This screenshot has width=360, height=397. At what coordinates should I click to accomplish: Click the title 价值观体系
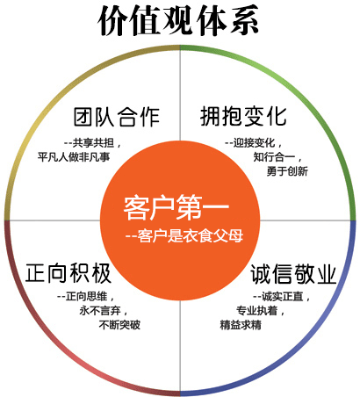[x=178, y=21]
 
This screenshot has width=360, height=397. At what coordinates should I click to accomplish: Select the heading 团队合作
[x=117, y=117]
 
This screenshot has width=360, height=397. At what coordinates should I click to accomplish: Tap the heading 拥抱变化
[x=243, y=116]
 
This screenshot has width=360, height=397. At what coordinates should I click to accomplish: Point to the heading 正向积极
[x=68, y=273]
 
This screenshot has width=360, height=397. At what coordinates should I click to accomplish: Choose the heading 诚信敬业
[x=293, y=274]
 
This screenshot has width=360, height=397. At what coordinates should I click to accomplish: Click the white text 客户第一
[x=176, y=207]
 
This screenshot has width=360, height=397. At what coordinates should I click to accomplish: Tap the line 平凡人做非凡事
[x=74, y=157]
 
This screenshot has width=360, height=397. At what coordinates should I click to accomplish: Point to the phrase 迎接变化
[x=254, y=143]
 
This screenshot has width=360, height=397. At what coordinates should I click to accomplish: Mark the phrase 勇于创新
[x=287, y=171]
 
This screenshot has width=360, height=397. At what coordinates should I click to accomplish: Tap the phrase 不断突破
[x=119, y=325]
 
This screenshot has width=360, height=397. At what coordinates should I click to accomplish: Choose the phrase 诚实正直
[x=282, y=297]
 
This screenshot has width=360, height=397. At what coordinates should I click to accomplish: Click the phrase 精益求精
[x=241, y=325]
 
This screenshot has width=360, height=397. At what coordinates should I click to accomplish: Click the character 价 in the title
[x=113, y=21]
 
